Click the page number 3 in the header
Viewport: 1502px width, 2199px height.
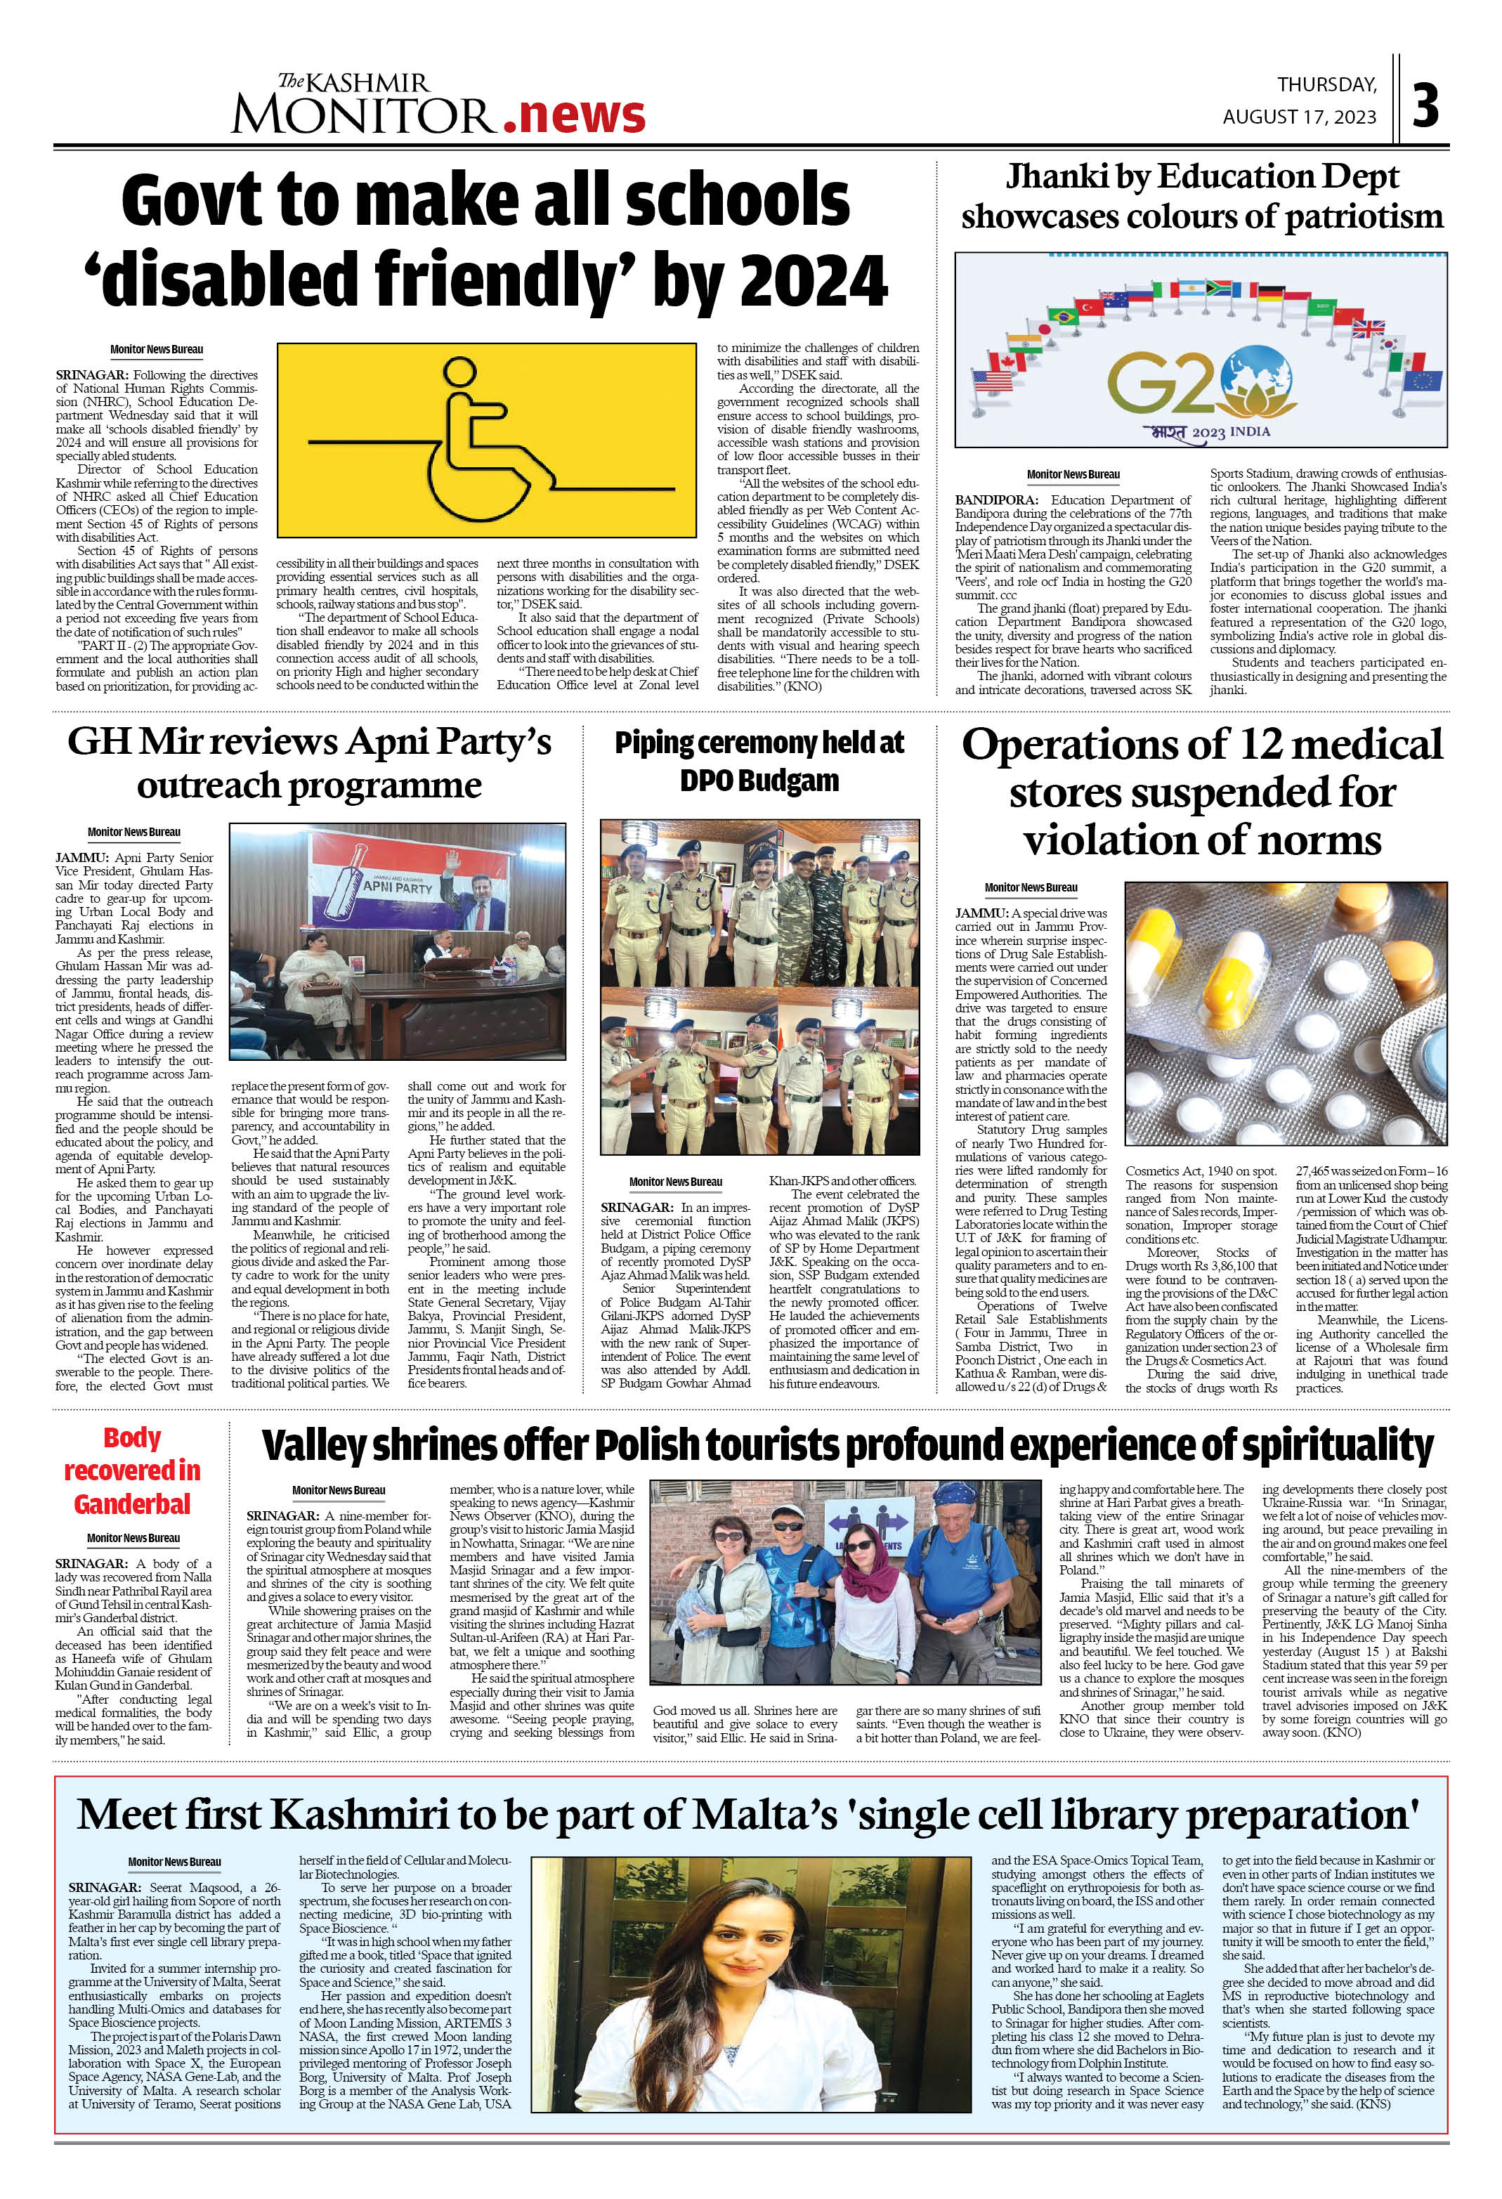click(1425, 106)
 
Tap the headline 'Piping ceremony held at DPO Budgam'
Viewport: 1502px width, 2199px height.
click(759, 762)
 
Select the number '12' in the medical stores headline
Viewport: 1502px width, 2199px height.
click(1250, 745)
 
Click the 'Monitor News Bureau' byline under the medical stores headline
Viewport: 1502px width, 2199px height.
click(1030, 887)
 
